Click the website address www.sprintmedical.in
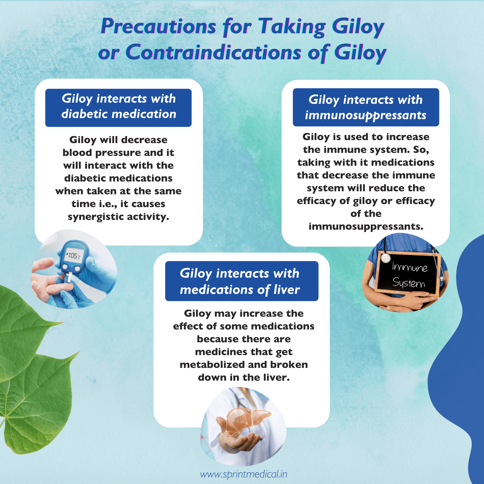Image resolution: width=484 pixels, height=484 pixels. point(243,474)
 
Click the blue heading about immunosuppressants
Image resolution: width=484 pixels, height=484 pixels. point(366,108)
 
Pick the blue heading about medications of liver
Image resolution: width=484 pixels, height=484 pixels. point(242,281)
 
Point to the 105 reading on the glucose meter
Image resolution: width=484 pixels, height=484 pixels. point(72,255)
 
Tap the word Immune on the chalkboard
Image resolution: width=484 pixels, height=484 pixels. point(409,267)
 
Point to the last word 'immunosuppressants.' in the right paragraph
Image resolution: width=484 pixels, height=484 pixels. point(366,226)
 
